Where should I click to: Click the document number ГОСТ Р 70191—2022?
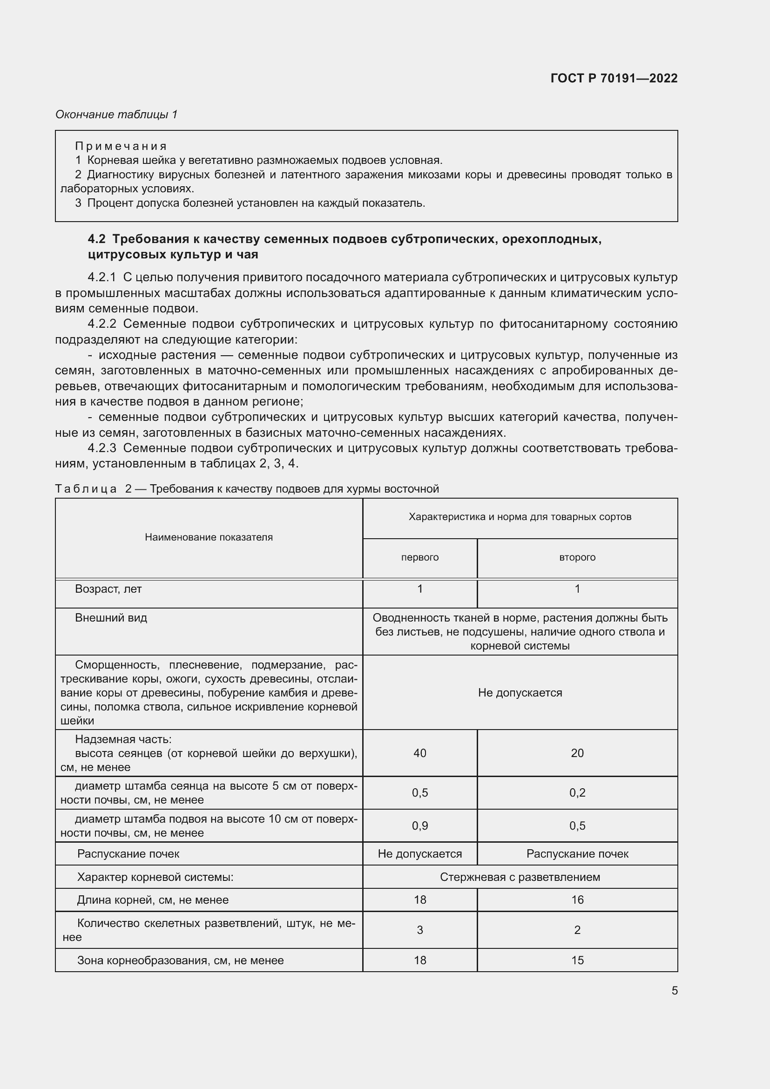click(x=614, y=78)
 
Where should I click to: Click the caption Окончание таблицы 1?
click(x=116, y=115)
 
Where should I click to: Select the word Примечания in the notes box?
click(x=121, y=146)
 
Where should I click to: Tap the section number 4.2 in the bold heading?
click(x=97, y=239)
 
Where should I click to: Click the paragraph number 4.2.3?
click(x=102, y=448)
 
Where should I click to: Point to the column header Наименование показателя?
click(x=209, y=537)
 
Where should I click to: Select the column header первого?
click(x=419, y=557)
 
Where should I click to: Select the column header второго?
click(x=577, y=557)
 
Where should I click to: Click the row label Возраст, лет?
click(x=108, y=589)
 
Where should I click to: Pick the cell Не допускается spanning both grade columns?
click(x=520, y=693)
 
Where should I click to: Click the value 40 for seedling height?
click(x=419, y=753)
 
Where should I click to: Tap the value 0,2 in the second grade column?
click(x=577, y=792)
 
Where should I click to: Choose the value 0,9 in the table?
click(x=419, y=826)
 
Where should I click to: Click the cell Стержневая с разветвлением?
click(x=520, y=877)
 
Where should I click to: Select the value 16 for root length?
click(x=577, y=900)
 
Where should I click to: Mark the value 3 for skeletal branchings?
click(x=419, y=930)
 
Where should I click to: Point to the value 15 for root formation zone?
click(x=577, y=960)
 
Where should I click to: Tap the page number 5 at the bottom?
click(x=674, y=991)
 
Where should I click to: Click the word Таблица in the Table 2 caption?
click(x=86, y=489)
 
